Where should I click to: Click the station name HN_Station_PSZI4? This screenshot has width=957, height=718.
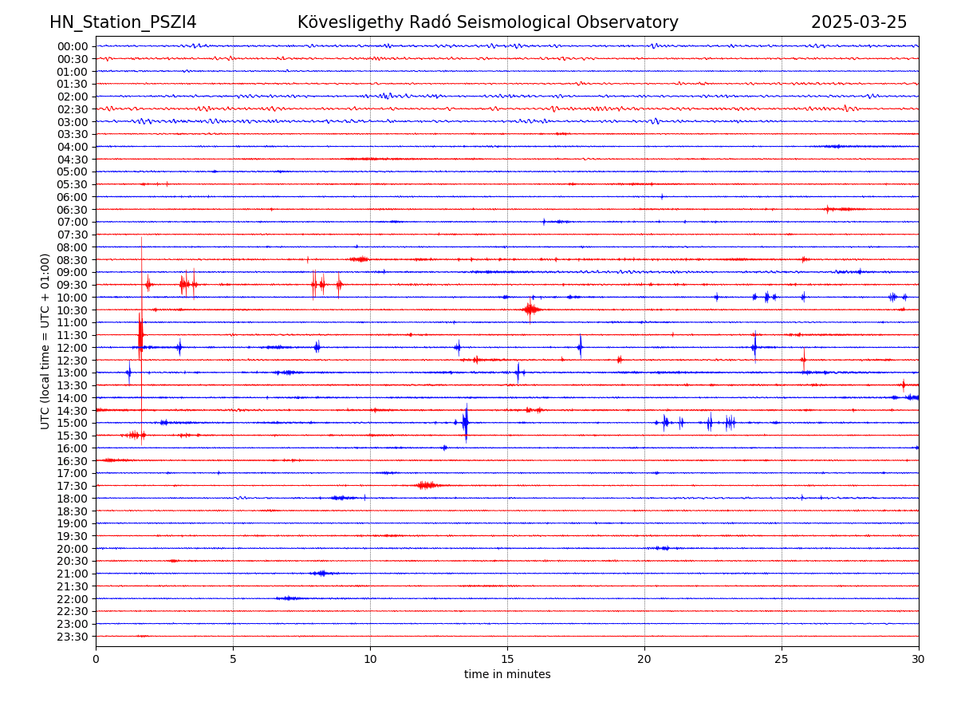point(123,22)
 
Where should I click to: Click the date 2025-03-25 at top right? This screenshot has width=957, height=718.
point(859,22)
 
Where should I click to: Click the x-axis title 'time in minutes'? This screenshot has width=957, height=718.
point(507,674)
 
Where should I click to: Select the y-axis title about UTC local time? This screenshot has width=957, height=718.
point(45,341)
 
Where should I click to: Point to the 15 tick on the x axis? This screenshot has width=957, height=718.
point(507,659)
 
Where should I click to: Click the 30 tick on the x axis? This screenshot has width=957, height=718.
point(919,659)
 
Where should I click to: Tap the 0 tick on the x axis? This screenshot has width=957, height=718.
point(96,659)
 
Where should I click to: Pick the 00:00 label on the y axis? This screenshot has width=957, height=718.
point(72,46)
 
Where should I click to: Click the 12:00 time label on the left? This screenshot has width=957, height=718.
point(72,348)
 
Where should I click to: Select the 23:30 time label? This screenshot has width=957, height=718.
point(72,637)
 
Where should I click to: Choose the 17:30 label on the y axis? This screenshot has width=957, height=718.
point(72,486)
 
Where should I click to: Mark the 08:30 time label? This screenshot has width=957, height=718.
point(72,260)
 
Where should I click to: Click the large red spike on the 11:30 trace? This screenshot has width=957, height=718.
point(140,333)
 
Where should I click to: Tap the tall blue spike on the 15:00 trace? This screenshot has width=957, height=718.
point(466,422)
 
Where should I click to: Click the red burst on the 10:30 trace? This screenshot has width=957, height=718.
point(530,310)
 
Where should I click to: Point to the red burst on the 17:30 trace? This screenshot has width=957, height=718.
point(427,485)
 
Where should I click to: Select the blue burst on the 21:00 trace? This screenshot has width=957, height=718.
point(321,573)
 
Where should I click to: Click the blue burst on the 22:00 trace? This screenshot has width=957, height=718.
point(289,598)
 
